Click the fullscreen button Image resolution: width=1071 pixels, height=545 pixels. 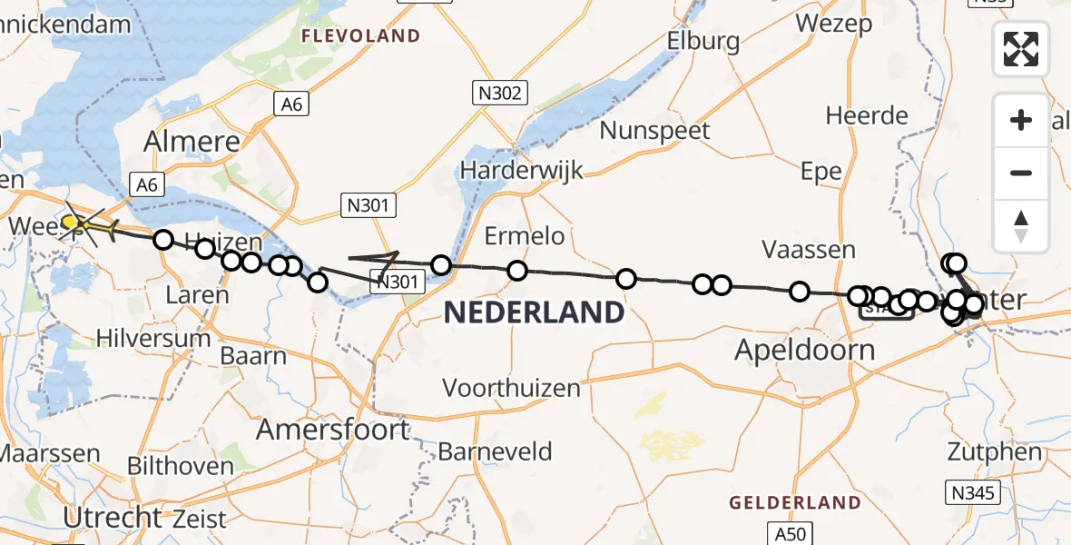pyautogui.click(x=1021, y=49)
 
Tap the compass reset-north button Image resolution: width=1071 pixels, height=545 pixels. pyautogui.click(x=1021, y=224)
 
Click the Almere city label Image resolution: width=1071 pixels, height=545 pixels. pyautogui.click(x=192, y=142)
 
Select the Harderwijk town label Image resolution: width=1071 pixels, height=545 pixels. pyautogui.click(x=521, y=170)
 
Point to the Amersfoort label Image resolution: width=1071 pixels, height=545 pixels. pyautogui.click(x=332, y=429)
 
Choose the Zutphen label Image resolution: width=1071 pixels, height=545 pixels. pyautogui.click(x=994, y=451)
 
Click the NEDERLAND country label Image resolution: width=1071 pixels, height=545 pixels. pyautogui.click(x=534, y=312)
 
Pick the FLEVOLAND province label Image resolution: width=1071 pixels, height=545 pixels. pyautogui.click(x=361, y=36)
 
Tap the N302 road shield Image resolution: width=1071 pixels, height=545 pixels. pyautogui.click(x=499, y=92)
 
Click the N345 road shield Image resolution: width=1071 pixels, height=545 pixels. pyautogui.click(x=975, y=494)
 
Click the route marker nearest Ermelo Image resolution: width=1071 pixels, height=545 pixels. pyautogui.click(x=517, y=271)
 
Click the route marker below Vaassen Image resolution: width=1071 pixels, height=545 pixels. pyautogui.click(x=800, y=292)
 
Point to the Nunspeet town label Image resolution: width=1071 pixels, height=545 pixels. pyautogui.click(x=655, y=130)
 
